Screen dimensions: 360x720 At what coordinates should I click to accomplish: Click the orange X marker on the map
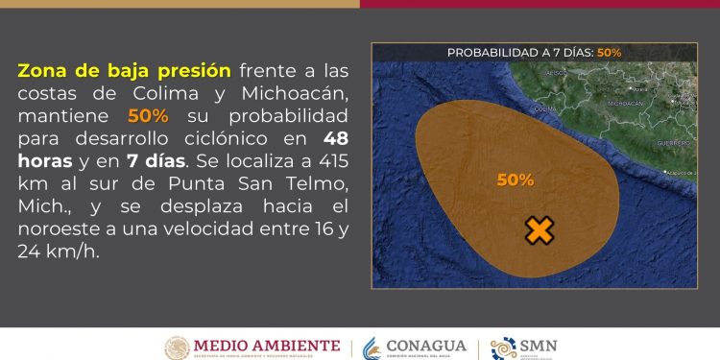click(540, 230)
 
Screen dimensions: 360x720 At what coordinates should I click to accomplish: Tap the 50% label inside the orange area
click(516, 180)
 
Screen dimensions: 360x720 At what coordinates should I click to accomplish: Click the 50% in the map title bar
click(609, 52)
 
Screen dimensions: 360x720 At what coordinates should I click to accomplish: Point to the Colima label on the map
click(544, 109)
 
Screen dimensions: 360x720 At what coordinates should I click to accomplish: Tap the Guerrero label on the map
click(672, 142)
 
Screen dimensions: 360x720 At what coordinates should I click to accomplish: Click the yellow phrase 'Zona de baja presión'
click(124, 71)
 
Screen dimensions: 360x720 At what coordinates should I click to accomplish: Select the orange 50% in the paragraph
click(148, 115)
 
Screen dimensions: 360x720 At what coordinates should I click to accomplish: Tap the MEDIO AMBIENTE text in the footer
click(267, 345)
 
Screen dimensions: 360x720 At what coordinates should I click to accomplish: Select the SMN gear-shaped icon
click(503, 348)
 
